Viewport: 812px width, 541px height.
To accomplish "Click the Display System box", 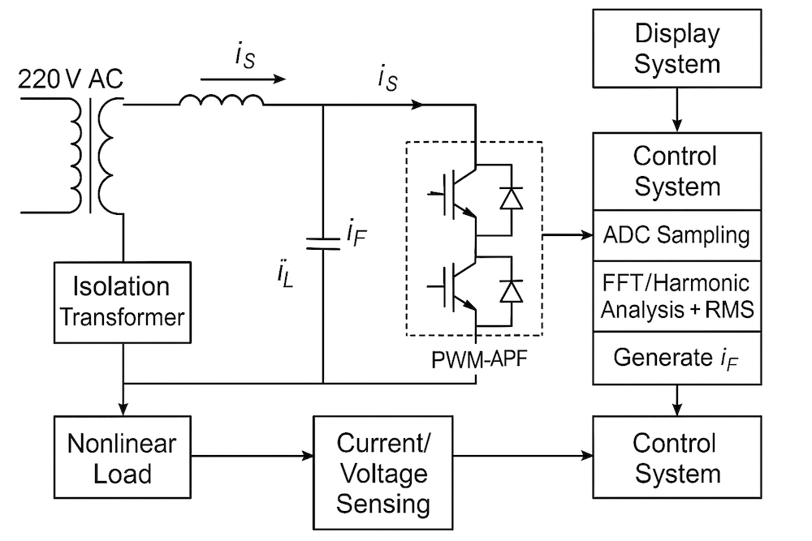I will (677, 49).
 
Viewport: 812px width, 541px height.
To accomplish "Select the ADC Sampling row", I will (677, 235).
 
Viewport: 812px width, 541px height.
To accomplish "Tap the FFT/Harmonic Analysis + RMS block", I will (677, 296).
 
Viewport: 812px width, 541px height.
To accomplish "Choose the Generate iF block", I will (677, 358).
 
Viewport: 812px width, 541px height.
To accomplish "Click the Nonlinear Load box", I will (122, 459).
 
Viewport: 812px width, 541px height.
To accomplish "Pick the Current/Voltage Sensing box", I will (383, 474).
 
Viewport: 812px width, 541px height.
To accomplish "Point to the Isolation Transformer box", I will (122, 302).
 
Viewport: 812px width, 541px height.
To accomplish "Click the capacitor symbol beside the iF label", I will (323, 242).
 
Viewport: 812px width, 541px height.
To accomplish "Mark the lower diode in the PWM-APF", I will (511, 290).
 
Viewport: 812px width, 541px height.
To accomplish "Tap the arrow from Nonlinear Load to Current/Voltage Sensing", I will (252, 455).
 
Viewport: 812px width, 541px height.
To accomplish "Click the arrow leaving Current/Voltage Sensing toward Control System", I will (524, 455).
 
